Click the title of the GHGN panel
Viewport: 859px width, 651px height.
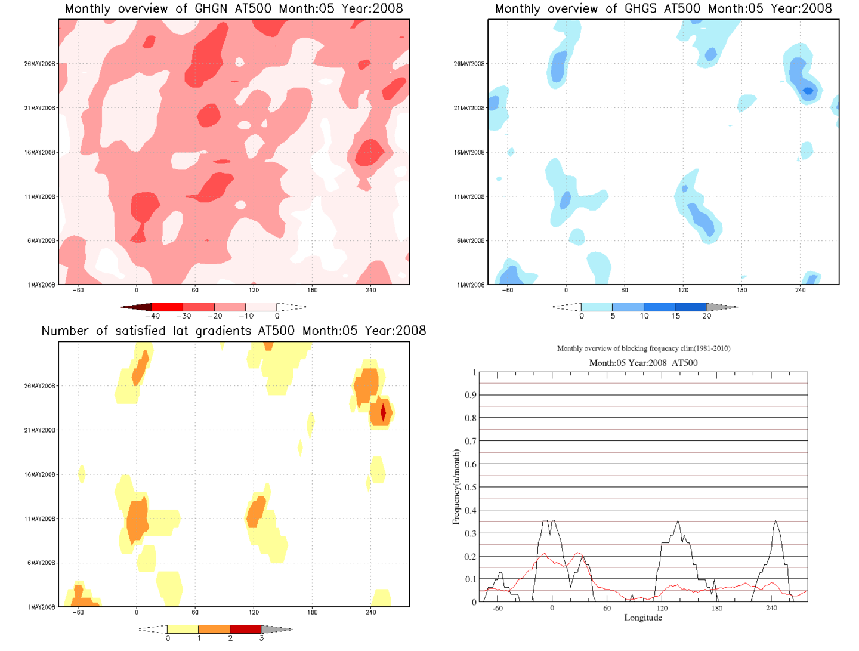(234, 9)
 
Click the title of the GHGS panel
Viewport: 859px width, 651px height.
(663, 9)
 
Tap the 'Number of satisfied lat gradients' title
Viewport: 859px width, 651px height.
(234, 331)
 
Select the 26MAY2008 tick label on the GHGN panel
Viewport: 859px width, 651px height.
(40, 64)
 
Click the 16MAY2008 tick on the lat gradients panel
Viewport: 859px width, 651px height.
(40, 475)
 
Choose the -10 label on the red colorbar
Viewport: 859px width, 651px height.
(246, 316)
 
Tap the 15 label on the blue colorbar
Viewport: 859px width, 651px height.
(675, 316)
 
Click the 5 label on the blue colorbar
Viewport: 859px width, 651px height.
(613, 316)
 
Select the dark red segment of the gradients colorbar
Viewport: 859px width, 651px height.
(245, 629)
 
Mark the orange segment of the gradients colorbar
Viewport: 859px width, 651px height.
(214, 629)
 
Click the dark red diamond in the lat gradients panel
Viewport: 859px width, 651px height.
(383, 412)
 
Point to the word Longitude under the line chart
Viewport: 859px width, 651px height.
(643, 618)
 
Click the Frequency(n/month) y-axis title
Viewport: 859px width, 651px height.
(456, 487)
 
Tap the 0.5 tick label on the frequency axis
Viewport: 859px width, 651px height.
(471, 488)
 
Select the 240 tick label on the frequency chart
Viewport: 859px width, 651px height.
(771, 609)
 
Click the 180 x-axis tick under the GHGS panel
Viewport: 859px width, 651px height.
(741, 290)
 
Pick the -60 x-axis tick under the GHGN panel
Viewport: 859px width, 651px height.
(78, 290)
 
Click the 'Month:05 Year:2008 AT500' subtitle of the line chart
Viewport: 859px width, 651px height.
(643, 363)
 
